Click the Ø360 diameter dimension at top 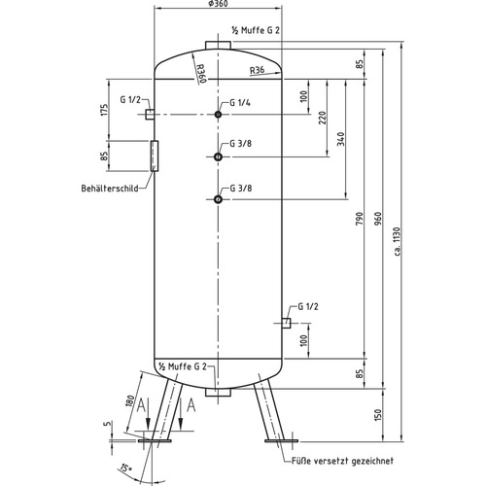pos(218,4)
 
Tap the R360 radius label pos(201,73)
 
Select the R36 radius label pos(257,70)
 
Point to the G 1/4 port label pos(240,103)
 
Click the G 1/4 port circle pos(218,114)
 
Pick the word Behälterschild pos(110,189)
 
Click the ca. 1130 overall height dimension pos(398,241)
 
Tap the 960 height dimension pos(378,219)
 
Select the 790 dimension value pos(360,219)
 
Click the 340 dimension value pos(341,139)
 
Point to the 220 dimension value pos(323,118)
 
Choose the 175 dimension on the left pos(104,110)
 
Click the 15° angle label pos(126,469)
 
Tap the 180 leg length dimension pos(130,401)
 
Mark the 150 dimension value pos(378,416)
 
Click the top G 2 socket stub pos(218,45)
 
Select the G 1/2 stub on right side pos(286,323)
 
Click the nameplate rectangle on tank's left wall pos(155,156)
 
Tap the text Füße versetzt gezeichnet pos(343,461)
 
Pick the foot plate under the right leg pos(281,440)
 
